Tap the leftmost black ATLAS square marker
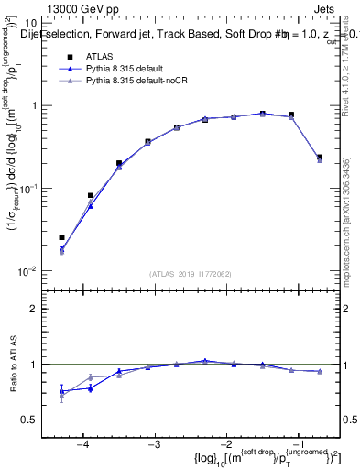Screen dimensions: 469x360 (x=61, y=237)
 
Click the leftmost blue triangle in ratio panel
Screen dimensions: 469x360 (x=61, y=391)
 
